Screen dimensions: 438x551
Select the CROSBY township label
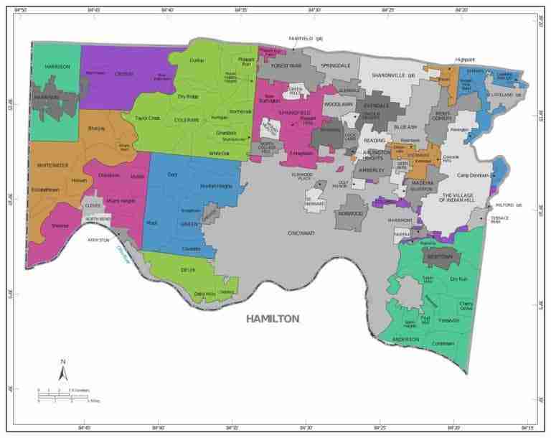124,73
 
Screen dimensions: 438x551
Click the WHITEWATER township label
52,164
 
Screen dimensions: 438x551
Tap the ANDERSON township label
405,339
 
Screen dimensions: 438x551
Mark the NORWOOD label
352,214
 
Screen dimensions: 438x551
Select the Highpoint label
466,60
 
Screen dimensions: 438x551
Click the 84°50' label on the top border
22,10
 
